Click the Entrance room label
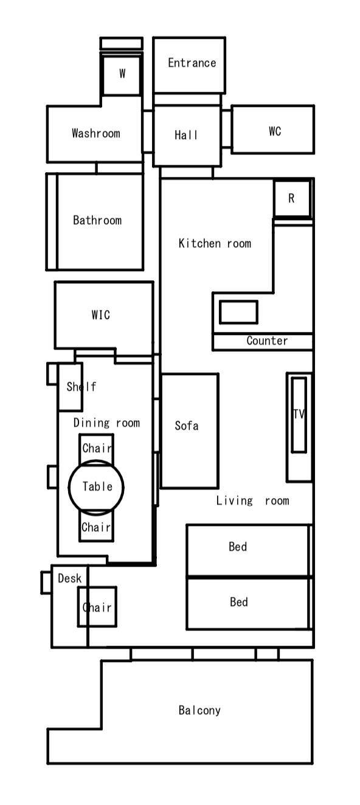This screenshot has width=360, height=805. pyautogui.click(x=192, y=63)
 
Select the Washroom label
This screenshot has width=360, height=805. pyautogui.click(x=96, y=133)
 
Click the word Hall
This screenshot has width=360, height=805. pyautogui.click(x=186, y=135)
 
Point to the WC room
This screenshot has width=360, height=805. pyautogui.click(x=272, y=130)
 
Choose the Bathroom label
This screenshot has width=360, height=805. pyautogui.click(x=97, y=220)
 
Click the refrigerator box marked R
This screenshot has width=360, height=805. pyautogui.click(x=292, y=199)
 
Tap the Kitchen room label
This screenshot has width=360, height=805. pyautogui.click(x=215, y=243)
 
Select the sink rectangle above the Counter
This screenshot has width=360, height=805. pyautogui.click(x=238, y=312)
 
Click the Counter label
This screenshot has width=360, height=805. pyautogui.click(x=267, y=340)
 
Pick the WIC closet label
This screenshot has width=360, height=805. pyautogui.click(x=100, y=315)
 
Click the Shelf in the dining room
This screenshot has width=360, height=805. pyautogui.click(x=71, y=387)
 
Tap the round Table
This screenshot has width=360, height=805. pyautogui.click(x=96, y=487)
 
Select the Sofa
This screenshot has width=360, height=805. pyautogui.click(x=189, y=431)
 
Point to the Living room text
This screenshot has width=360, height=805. pyautogui.click(x=252, y=500)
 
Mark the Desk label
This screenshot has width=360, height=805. pyautogui.click(x=70, y=578)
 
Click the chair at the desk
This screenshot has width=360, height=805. pyautogui.click(x=97, y=607)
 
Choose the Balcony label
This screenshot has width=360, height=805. pyautogui.click(x=199, y=710)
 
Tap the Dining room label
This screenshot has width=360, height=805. pyautogui.click(x=106, y=423)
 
